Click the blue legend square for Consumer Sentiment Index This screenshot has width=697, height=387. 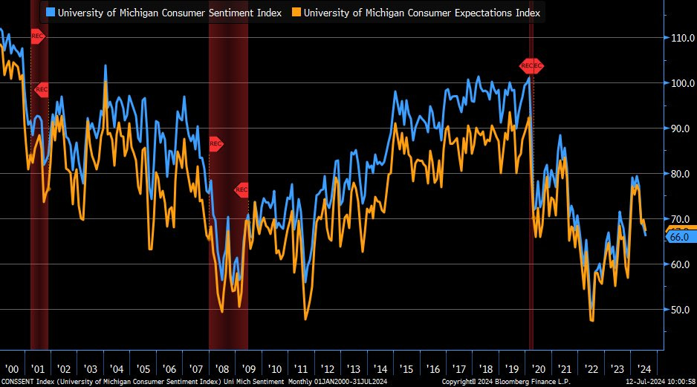50,13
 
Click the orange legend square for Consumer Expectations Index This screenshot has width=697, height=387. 296,13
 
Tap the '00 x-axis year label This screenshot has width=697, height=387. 12,369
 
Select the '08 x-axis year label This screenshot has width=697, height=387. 222,369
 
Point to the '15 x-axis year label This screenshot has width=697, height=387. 406,369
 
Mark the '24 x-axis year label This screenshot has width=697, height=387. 643,369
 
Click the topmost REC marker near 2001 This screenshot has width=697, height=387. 37,36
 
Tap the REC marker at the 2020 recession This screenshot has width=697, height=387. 531,66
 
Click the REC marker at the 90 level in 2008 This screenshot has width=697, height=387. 215,143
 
